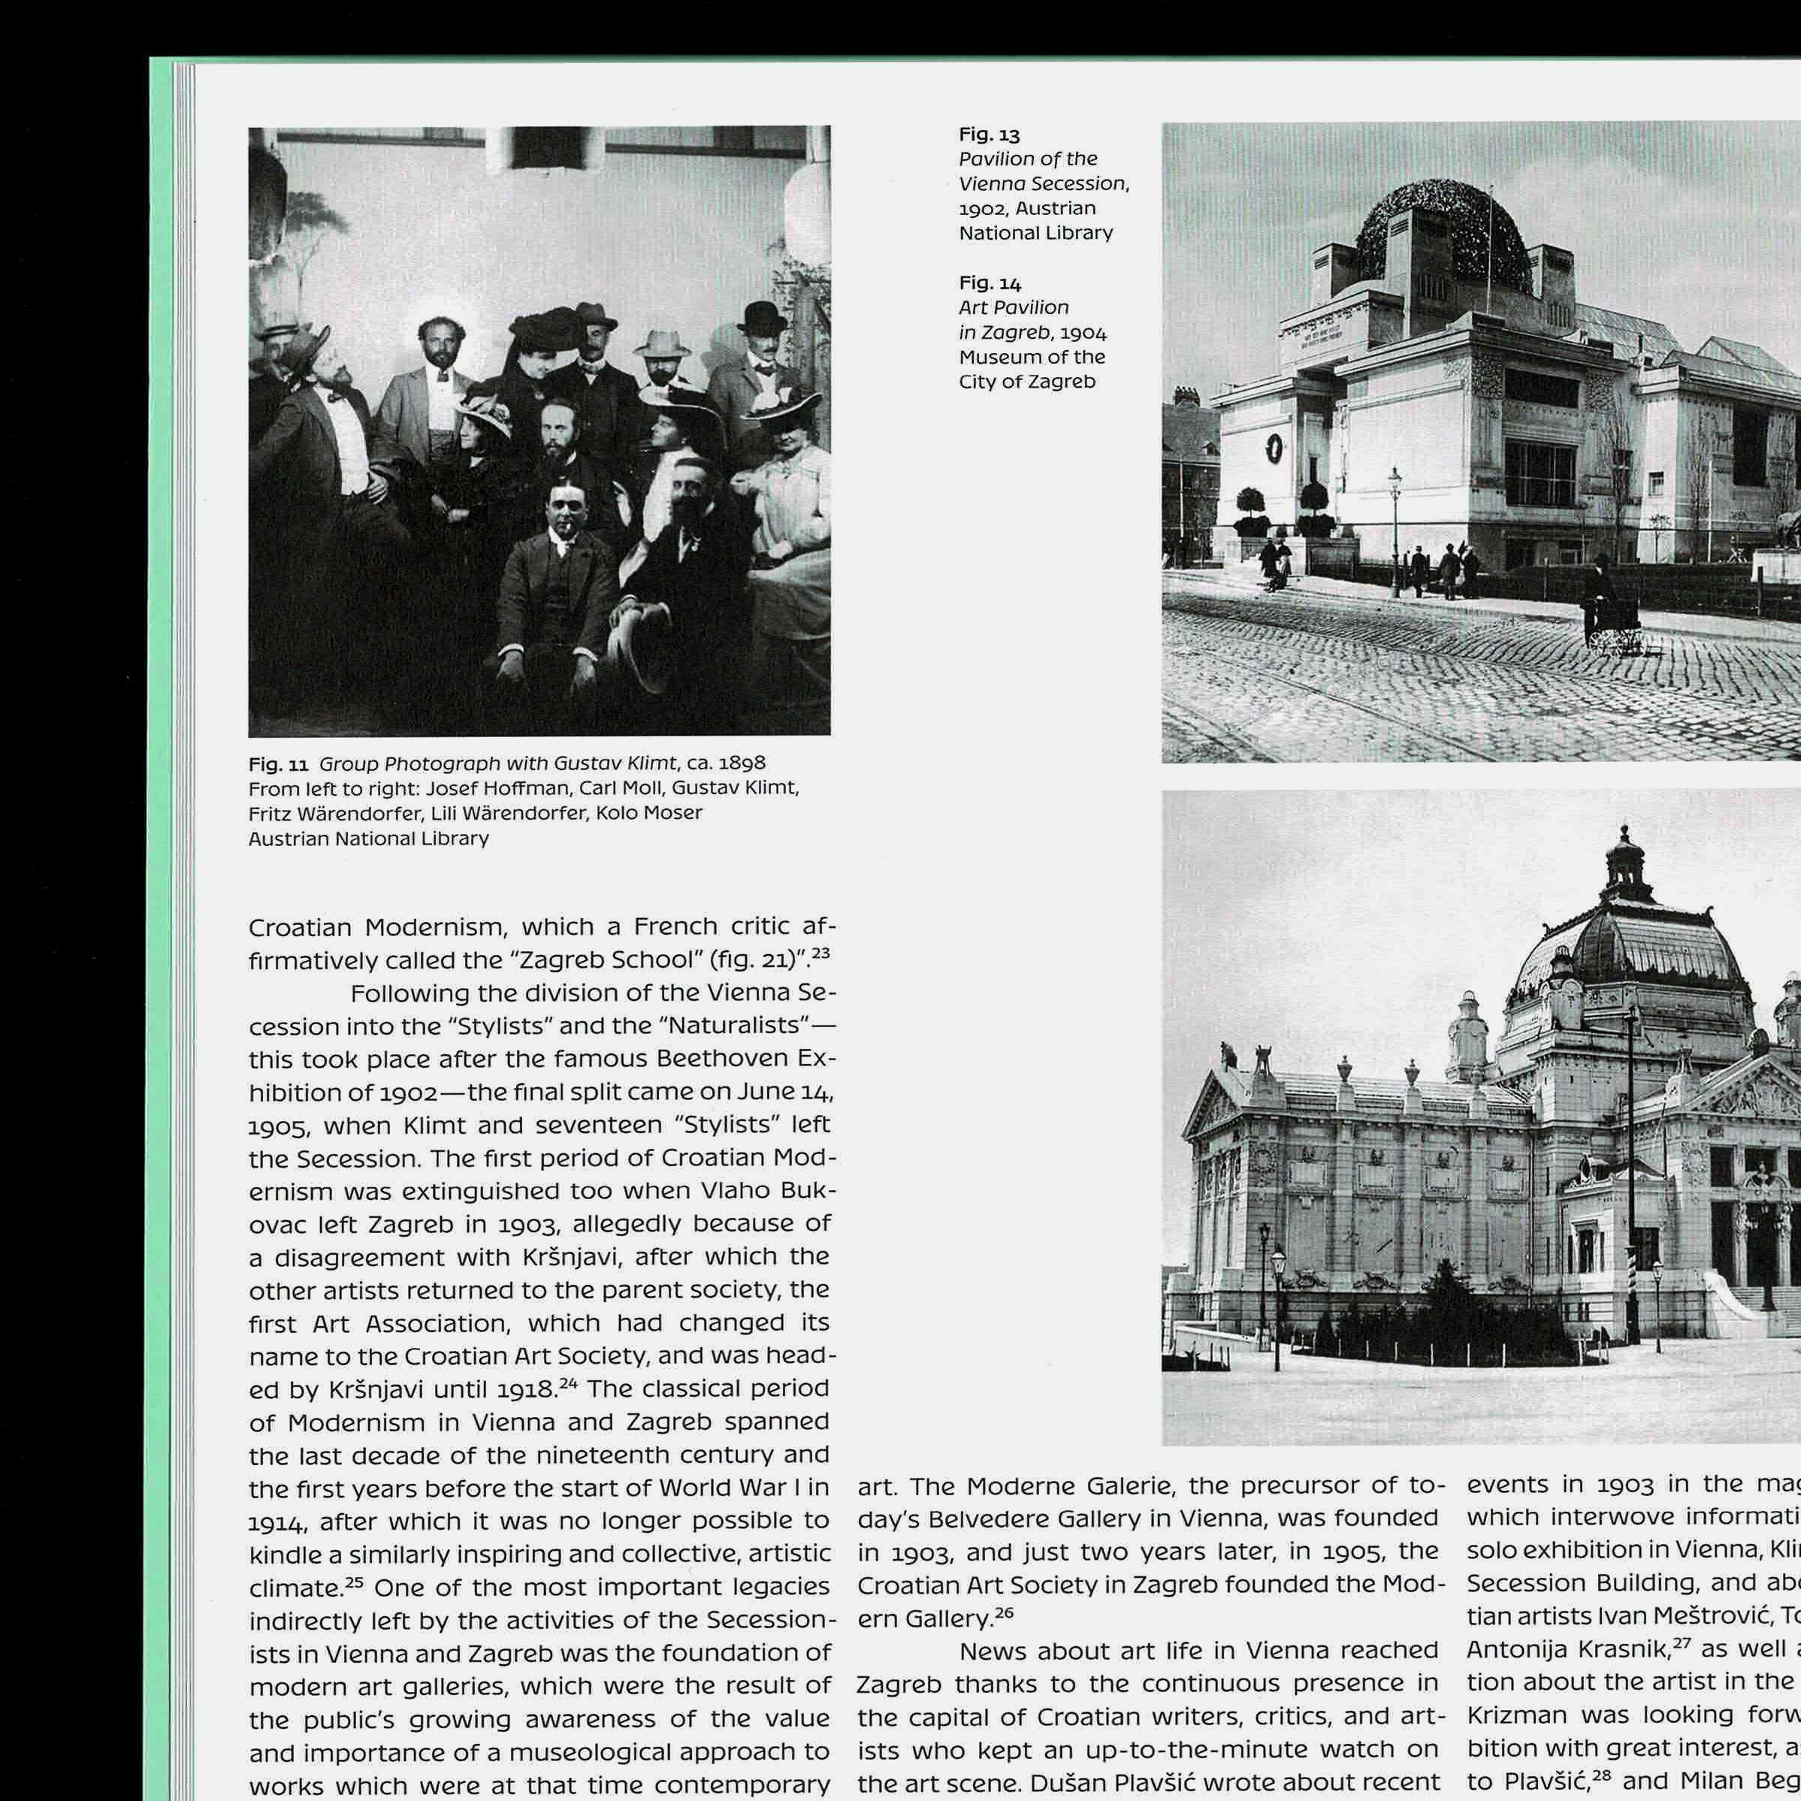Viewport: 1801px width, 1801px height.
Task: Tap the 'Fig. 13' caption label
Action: click(989, 135)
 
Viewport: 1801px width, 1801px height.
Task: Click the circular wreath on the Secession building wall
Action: click(1274, 449)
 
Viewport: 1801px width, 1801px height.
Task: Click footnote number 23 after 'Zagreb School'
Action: click(820, 953)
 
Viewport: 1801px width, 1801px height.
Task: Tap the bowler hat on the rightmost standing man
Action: click(762, 317)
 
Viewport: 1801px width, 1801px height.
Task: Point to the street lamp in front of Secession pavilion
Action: click(1395, 522)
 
